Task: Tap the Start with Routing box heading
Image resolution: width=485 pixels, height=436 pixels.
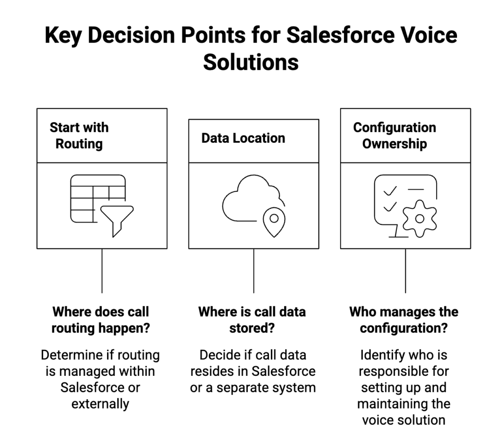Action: pos(79,136)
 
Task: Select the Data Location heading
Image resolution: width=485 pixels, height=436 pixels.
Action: pos(243,138)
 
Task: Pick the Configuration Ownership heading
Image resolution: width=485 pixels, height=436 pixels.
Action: pos(394,136)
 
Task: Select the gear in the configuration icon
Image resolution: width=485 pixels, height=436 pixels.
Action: pos(419,218)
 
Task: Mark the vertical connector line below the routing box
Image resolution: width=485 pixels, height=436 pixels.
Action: pos(102,271)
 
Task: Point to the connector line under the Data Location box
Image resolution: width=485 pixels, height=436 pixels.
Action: pos(253,271)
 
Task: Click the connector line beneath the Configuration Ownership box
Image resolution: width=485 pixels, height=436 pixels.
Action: pos(405,271)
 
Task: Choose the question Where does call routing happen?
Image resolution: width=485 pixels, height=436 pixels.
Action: pos(100,320)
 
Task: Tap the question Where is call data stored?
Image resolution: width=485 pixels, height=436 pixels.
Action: pos(252,320)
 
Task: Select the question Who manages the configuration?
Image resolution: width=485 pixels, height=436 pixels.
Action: pos(404,320)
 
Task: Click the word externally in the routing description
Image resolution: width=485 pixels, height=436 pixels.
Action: pos(100,404)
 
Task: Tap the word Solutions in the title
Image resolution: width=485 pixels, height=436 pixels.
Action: pos(251,62)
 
